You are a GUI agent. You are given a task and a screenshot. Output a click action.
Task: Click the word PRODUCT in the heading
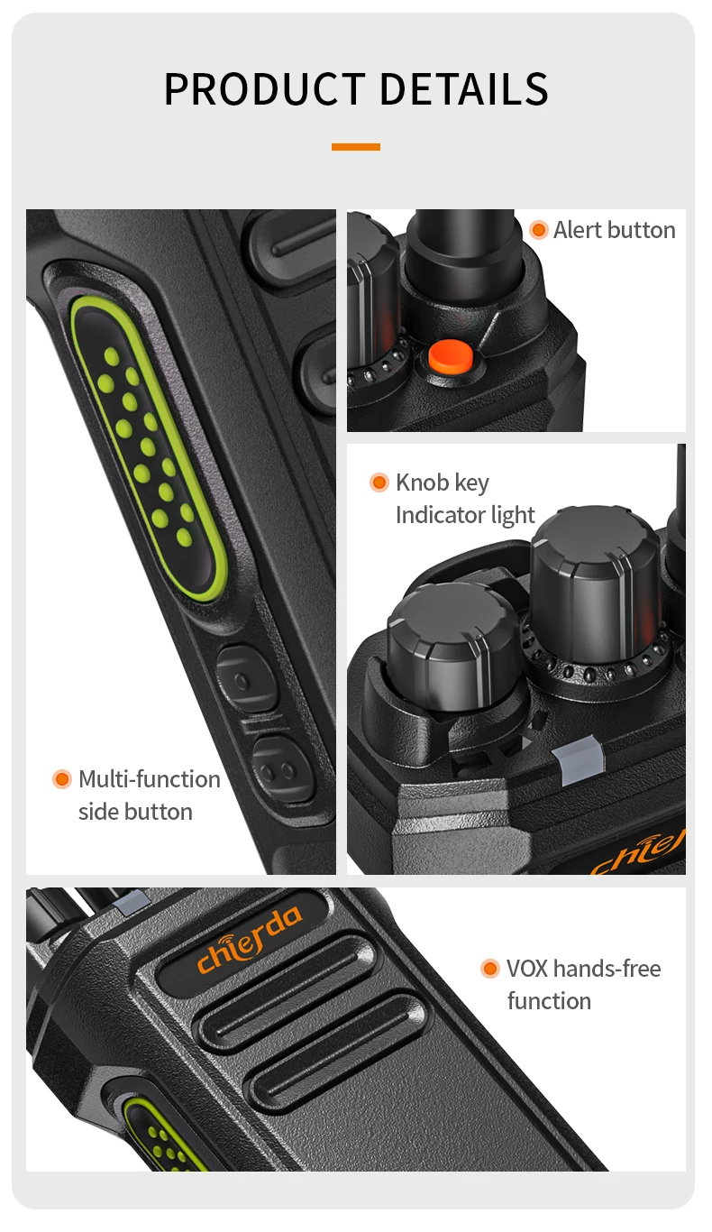point(265,89)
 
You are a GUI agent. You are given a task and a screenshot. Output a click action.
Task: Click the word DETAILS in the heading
point(464,89)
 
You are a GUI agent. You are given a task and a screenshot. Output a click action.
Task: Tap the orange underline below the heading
point(356,147)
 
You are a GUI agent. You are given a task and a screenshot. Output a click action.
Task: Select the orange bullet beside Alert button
point(539,229)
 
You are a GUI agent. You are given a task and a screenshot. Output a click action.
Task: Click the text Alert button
point(614,230)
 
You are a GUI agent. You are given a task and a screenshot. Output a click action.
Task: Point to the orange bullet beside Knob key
point(379,483)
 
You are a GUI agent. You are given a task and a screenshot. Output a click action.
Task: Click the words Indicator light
point(465,516)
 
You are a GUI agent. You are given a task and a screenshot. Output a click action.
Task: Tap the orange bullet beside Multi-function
point(62,779)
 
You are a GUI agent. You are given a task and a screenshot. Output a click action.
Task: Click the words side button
point(135,812)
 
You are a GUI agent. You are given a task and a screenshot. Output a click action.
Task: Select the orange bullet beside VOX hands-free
point(490,969)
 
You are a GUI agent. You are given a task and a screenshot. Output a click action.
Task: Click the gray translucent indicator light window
point(579,759)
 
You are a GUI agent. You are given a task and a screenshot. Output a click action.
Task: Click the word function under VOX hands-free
point(549,1001)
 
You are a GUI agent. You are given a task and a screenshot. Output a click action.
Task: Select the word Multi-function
point(150,779)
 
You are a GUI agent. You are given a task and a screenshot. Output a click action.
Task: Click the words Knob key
point(443,483)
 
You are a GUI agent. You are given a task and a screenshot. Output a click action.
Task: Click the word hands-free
point(607,969)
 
